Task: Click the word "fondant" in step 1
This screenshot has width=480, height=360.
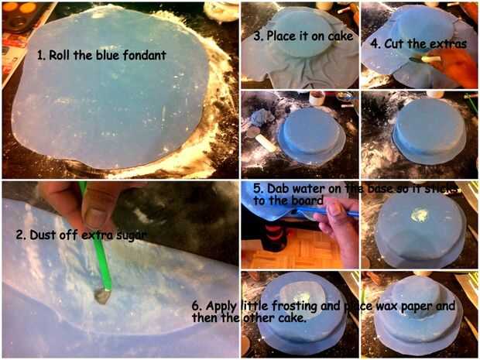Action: [x=145, y=55]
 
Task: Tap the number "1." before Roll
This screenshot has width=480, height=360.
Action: [x=42, y=56]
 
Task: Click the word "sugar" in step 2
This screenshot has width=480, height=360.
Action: [x=132, y=235]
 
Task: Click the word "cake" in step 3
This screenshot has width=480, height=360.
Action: [x=341, y=36]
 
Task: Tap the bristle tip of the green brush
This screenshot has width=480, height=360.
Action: [x=102, y=297]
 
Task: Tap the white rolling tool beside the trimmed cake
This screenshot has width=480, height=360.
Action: [x=266, y=143]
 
